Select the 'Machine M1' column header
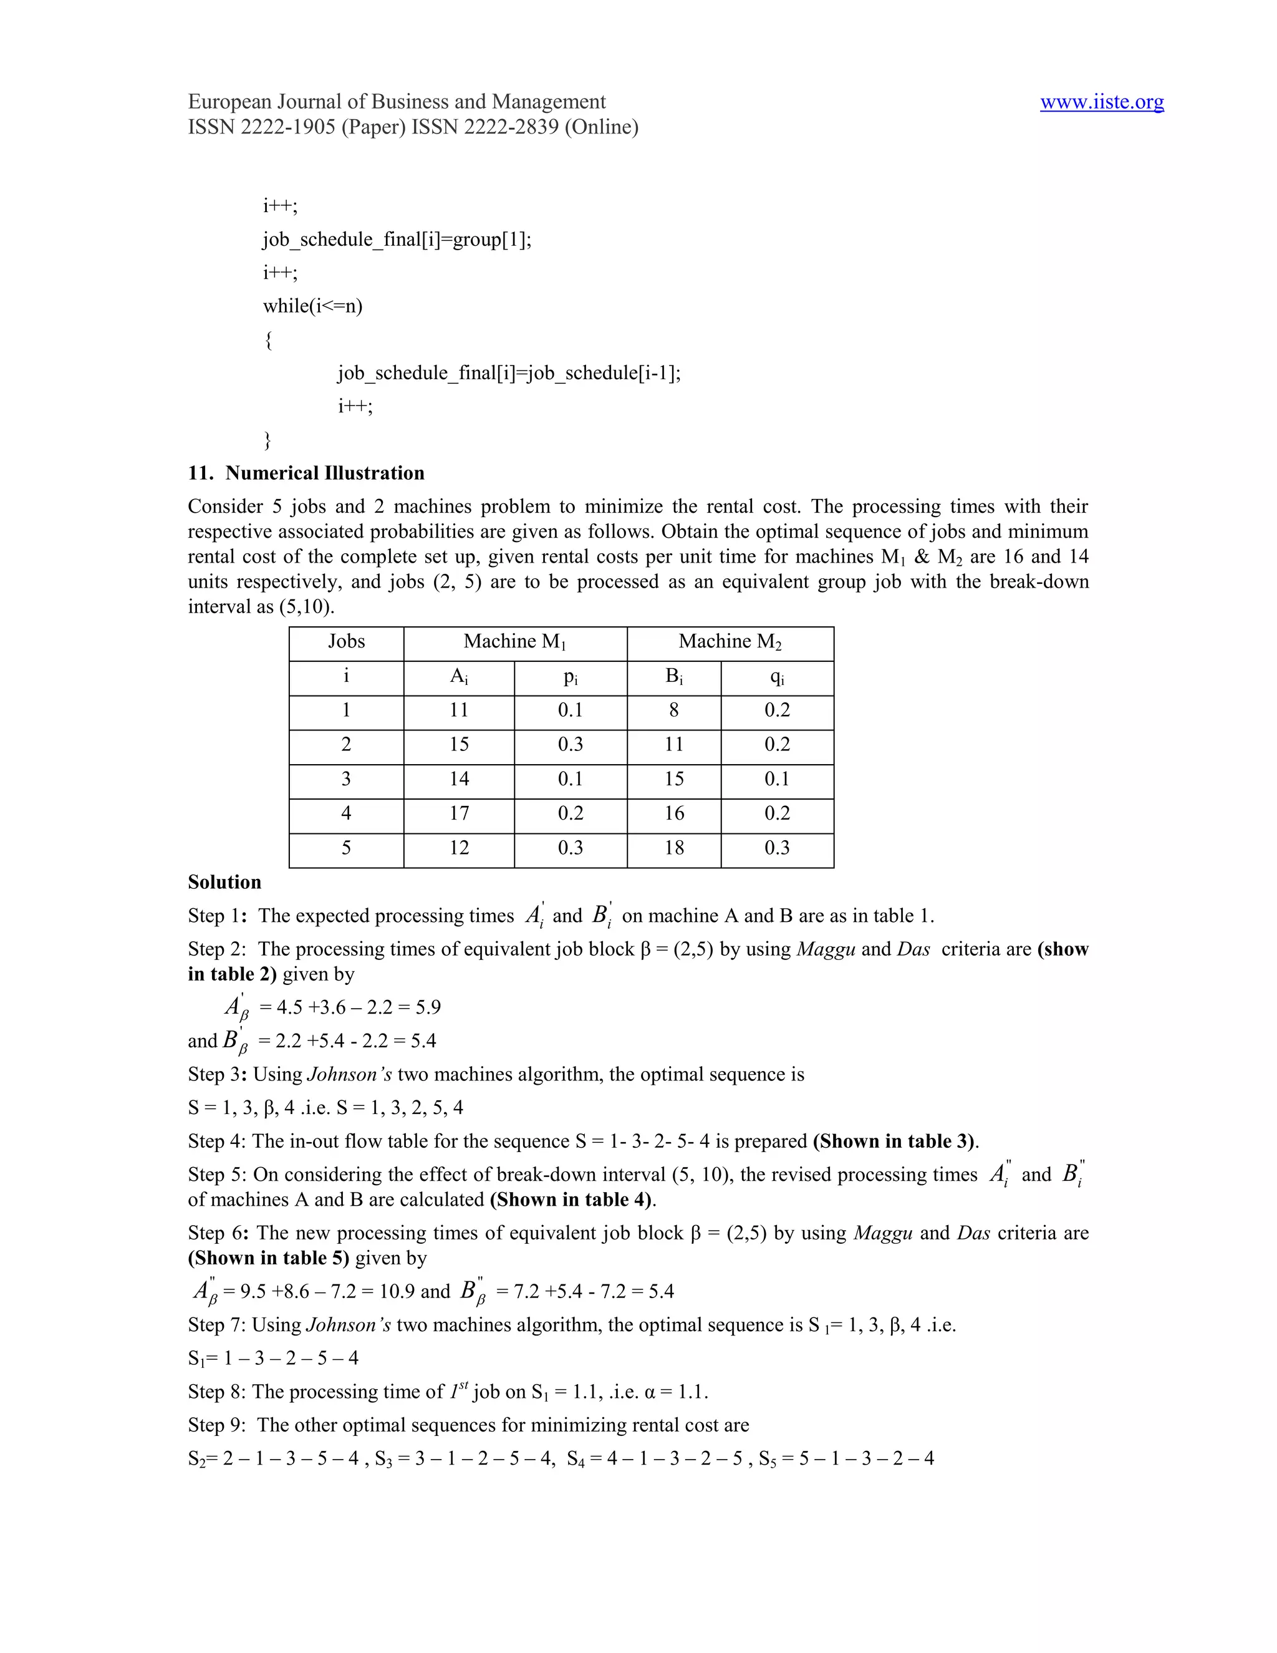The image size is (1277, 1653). tap(514, 642)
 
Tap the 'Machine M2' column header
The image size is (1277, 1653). tap(730, 642)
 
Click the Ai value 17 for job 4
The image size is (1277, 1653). tap(458, 813)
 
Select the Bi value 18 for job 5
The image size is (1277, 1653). tap(673, 848)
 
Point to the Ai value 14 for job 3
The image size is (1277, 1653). tap(458, 779)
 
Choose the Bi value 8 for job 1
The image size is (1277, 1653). tap(673, 710)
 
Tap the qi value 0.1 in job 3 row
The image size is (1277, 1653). tap(776, 779)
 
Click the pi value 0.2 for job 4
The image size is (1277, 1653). tap(570, 813)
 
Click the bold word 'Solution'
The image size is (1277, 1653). tap(224, 883)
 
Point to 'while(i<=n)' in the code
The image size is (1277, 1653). tap(312, 306)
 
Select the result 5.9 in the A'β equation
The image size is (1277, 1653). tap(427, 1007)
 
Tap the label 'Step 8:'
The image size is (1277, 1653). tap(216, 1392)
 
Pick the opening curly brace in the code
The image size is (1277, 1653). tap(267, 340)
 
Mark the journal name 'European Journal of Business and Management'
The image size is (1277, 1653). tap(397, 102)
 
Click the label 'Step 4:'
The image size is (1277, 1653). tap(216, 1142)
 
